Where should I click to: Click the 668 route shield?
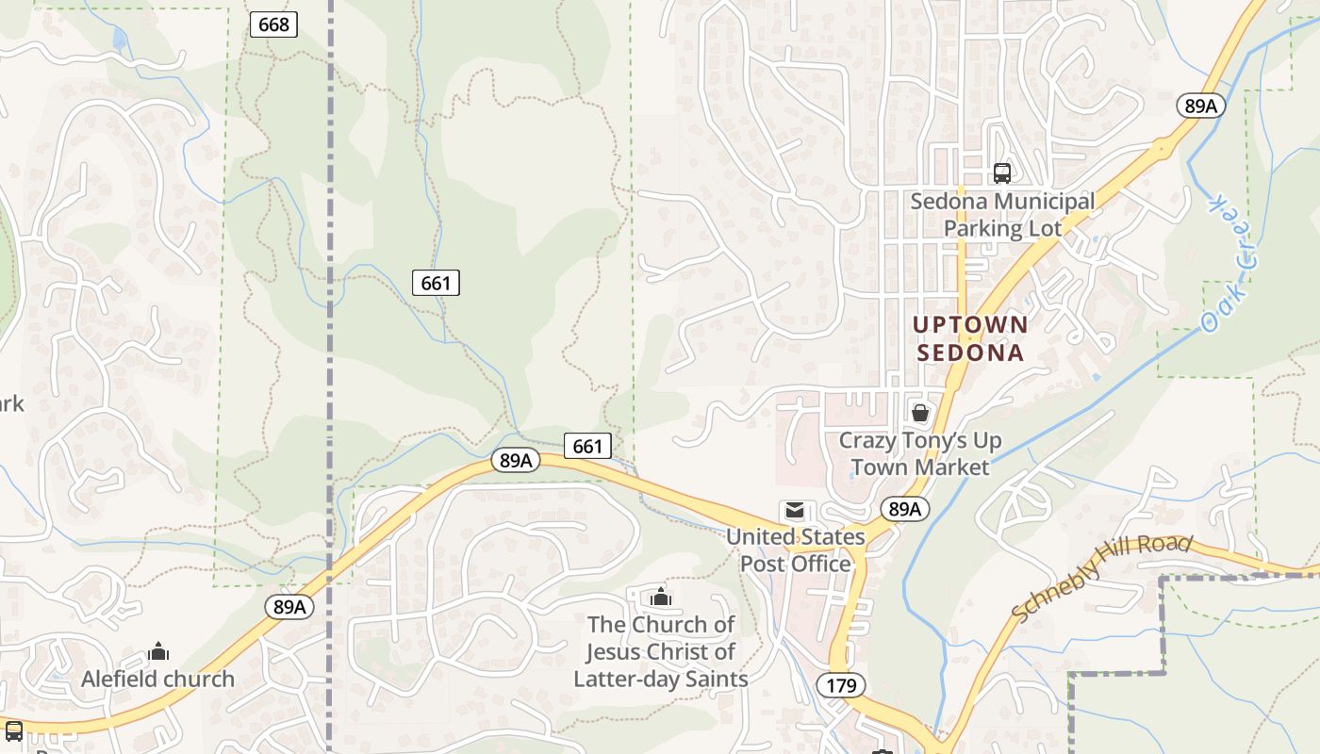tap(273, 25)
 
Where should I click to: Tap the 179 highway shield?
tap(841, 685)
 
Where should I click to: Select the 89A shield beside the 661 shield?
tap(516, 460)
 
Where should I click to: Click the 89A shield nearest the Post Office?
tap(904, 510)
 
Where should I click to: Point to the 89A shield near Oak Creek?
tap(1200, 106)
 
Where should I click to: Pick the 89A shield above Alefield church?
tap(289, 607)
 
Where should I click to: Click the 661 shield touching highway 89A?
tap(587, 446)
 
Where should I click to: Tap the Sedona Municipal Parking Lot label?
tap(1002, 215)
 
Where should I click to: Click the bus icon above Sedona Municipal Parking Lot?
tap(1001, 173)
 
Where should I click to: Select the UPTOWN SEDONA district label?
tap(970, 338)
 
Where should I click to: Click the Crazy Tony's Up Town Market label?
tap(920, 453)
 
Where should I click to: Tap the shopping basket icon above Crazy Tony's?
tap(920, 413)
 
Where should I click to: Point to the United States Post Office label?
tap(796, 550)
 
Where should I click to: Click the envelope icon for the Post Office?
tap(795, 511)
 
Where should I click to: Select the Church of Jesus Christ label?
tap(660, 651)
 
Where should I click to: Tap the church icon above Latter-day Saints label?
tap(660, 597)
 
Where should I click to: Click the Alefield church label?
tap(157, 679)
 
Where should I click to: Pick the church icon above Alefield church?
tap(158, 651)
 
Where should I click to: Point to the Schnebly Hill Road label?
tap(1102, 578)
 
